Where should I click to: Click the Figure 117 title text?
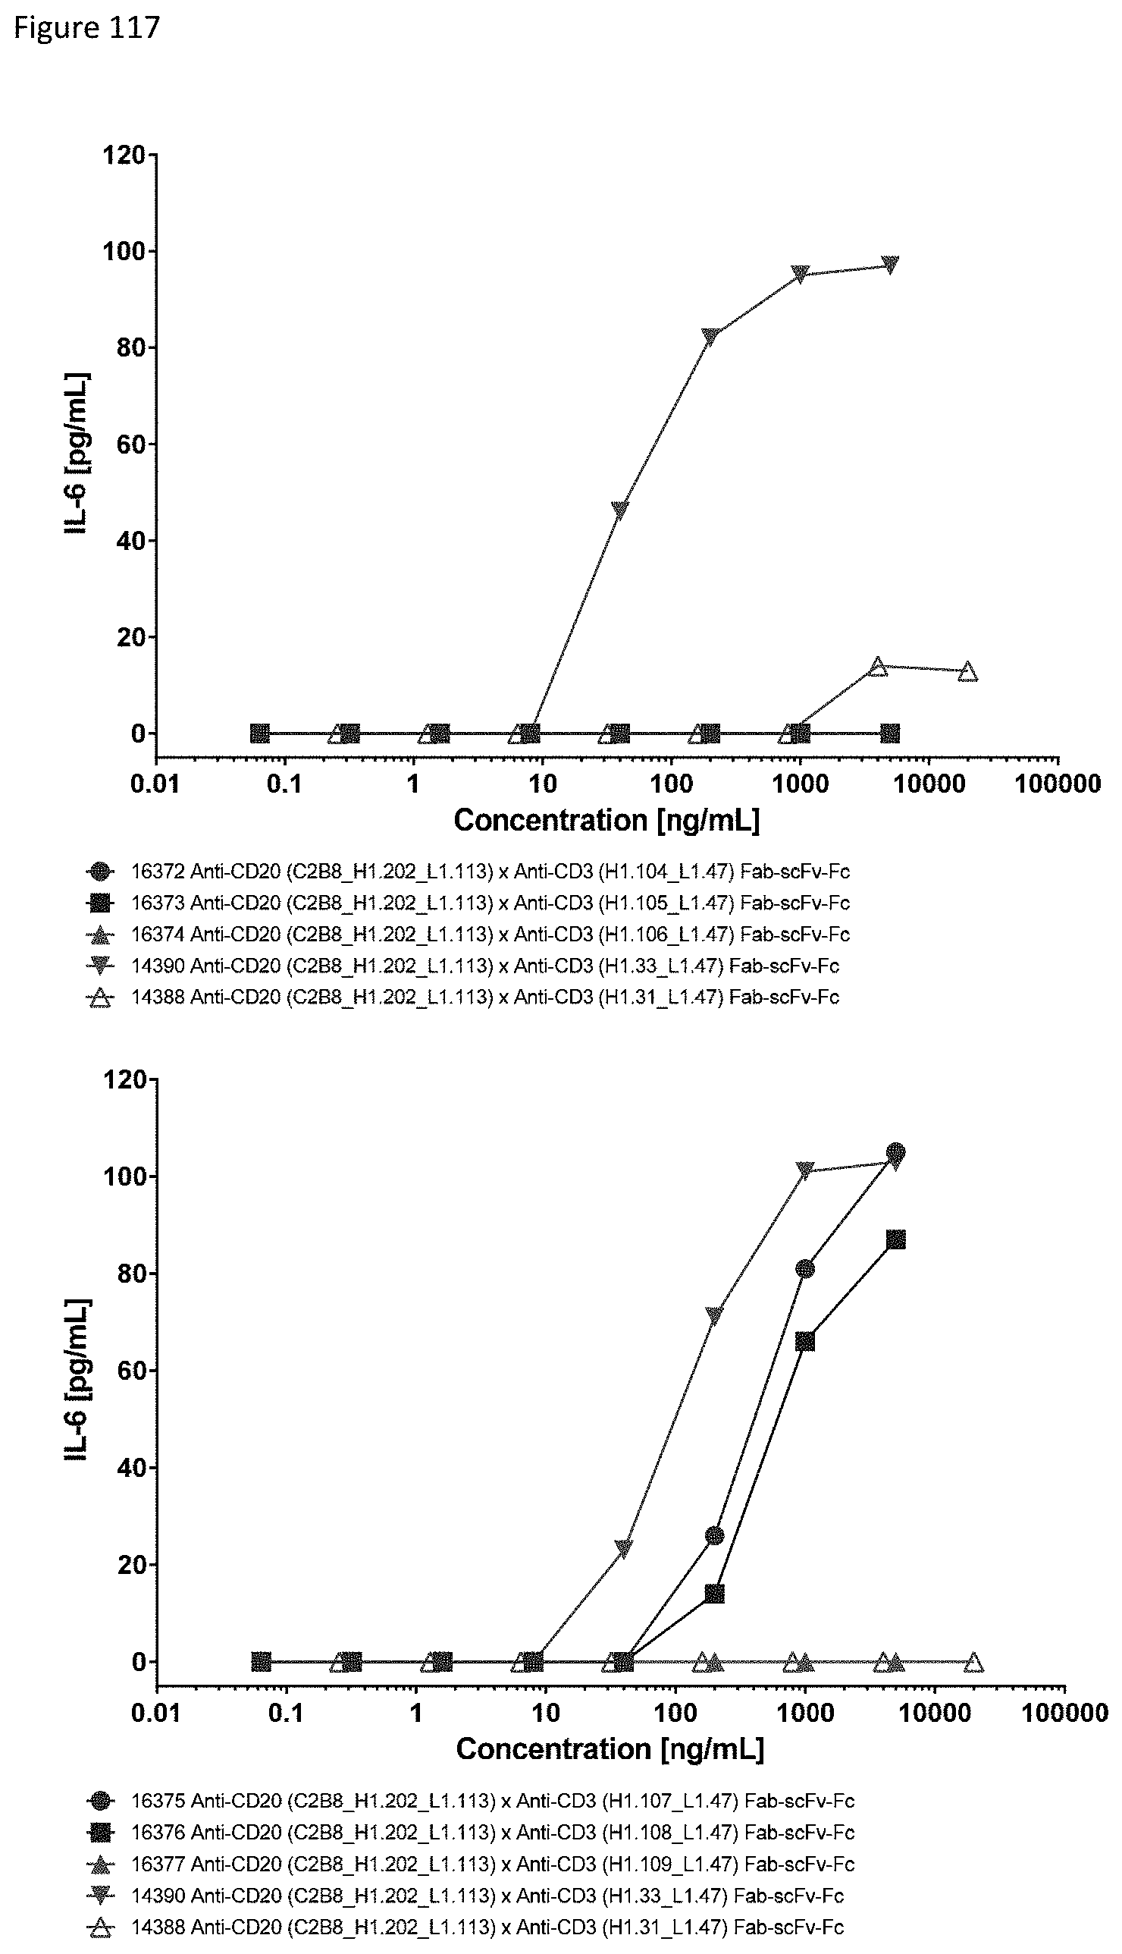click(x=87, y=28)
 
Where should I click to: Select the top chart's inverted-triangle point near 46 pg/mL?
click(x=619, y=510)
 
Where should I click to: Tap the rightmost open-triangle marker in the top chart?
click(x=968, y=672)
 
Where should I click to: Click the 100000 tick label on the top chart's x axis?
click(x=1057, y=784)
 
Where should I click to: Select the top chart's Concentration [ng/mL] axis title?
click(x=606, y=820)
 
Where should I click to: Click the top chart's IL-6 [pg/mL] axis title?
click(x=78, y=455)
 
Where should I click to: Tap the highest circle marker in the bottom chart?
click(x=895, y=1152)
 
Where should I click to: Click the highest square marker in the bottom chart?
click(x=895, y=1240)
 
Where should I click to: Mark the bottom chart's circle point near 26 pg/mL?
click(x=714, y=1535)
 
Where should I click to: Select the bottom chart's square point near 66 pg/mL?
click(x=805, y=1341)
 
